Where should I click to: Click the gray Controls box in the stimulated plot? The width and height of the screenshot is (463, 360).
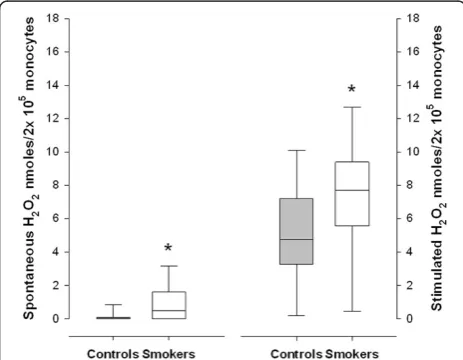pyautogui.click(x=296, y=231)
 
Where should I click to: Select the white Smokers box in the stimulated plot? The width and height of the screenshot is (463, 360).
pyautogui.click(x=352, y=194)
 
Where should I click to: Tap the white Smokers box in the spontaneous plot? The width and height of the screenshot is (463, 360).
pyautogui.click(x=169, y=305)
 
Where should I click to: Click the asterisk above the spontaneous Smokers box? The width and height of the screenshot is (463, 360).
pyautogui.click(x=168, y=248)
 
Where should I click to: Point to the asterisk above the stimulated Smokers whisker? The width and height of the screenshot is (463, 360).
pyautogui.click(x=352, y=89)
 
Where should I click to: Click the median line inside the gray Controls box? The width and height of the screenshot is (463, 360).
pyautogui.click(x=296, y=239)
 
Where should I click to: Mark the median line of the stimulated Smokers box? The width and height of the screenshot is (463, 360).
pyautogui.click(x=352, y=190)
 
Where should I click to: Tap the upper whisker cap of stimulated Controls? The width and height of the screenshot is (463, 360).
pyautogui.click(x=296, y=150)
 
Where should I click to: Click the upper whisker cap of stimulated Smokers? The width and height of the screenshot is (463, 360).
pyautogui.click(x=352, y=107)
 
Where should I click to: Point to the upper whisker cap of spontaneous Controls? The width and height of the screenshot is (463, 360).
pyautogui.click(x=113, y=304)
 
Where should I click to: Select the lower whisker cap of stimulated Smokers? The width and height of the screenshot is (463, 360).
pyautogui.click(x=352, y=311)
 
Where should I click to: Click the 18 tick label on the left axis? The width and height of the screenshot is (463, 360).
pyautogui.click(x=53, y=18)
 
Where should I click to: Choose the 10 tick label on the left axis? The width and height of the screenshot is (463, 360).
pyautogui.click(x=53, y=152)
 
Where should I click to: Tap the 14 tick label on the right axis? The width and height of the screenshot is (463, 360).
pyautogui.click(x=413, y=85)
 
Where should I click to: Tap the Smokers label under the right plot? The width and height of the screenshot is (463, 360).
pyautogui.click(x=352, y=354)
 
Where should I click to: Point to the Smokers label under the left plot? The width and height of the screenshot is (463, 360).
pyautogui.click(x=169, y=354)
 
